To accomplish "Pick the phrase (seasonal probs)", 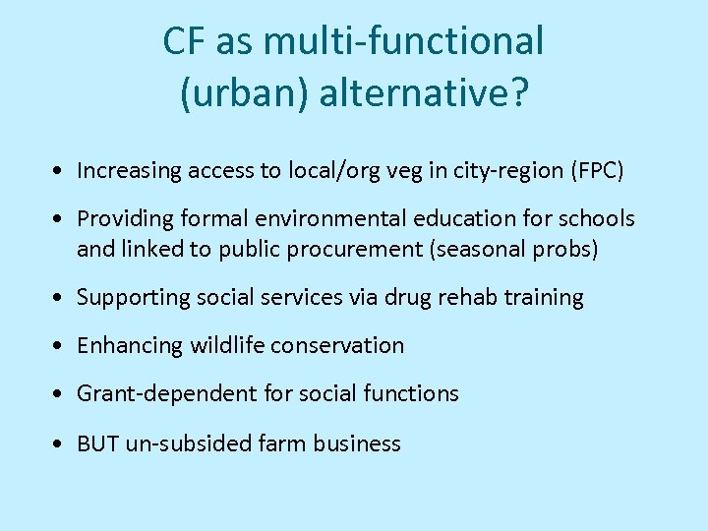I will [x=513, y=249].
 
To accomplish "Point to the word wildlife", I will [x=227, y=345].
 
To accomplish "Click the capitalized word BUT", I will [x=97, y=443].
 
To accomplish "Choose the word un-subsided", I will [x=188, y=443].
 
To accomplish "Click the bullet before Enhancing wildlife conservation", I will [x=61, y=346].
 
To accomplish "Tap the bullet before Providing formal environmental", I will [x=61, y=219].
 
